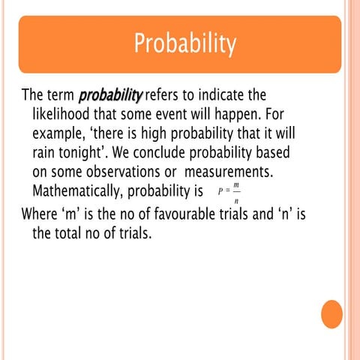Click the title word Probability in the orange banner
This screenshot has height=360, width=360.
184,44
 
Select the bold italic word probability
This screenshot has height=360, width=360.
110,97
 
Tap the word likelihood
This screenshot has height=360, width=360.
65,116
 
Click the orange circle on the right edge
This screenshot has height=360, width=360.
331,313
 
